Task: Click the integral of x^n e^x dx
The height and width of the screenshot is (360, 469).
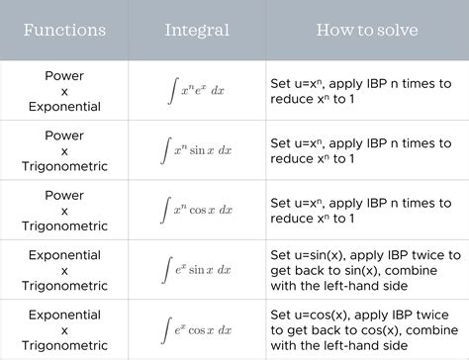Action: click(196, 91)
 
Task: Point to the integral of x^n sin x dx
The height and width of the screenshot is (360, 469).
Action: click(196, 150)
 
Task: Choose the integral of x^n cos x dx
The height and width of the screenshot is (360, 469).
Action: click(196, 210)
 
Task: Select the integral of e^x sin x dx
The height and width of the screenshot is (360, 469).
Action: click(196, 269)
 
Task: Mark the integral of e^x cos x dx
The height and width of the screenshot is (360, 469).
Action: click(196, 328)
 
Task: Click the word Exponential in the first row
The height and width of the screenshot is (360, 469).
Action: click(64, 107)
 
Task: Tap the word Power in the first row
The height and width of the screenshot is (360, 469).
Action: click(64, 75)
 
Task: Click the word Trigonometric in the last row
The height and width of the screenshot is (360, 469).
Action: click(64, 345)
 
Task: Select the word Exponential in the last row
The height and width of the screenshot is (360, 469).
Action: click(64, 314)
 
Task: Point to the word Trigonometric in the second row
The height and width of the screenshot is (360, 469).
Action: click(64, 166)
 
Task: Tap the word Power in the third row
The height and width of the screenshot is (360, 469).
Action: click(64, 194)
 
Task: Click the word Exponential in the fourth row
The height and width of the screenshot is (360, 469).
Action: click(64, 254)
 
